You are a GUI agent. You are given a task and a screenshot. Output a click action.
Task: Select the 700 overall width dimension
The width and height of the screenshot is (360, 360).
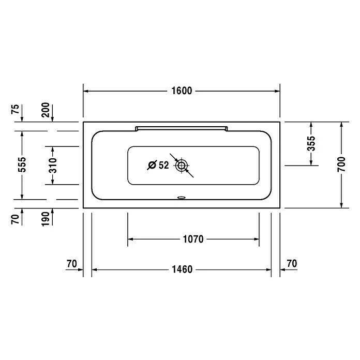click(x=341, y=165)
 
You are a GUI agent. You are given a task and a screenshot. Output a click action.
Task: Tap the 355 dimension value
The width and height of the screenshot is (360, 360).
click(x=311, y=144)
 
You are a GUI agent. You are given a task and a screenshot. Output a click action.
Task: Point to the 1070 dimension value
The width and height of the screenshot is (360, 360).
click(x=193, y=239)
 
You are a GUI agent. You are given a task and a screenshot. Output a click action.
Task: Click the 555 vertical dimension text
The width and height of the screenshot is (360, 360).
click(x=22, y=165)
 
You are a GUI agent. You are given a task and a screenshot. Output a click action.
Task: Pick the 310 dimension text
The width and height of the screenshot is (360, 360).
click(x=52, y=165)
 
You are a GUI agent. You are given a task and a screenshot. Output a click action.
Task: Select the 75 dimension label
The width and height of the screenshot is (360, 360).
click(x=16, y=109)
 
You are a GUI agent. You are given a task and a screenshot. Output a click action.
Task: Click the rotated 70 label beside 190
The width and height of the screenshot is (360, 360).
click(x=16, y=219)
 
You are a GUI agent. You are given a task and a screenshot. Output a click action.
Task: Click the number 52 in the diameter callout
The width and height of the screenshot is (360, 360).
click(x=164, y=166)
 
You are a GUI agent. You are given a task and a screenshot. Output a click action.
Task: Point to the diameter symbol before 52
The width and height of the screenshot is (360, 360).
click(x=152, y=166)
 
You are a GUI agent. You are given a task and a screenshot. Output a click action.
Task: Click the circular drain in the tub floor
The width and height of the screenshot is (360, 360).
click(x=181, y=166)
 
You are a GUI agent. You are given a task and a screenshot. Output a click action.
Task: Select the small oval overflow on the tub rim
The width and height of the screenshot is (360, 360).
click(x=181, y=197)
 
